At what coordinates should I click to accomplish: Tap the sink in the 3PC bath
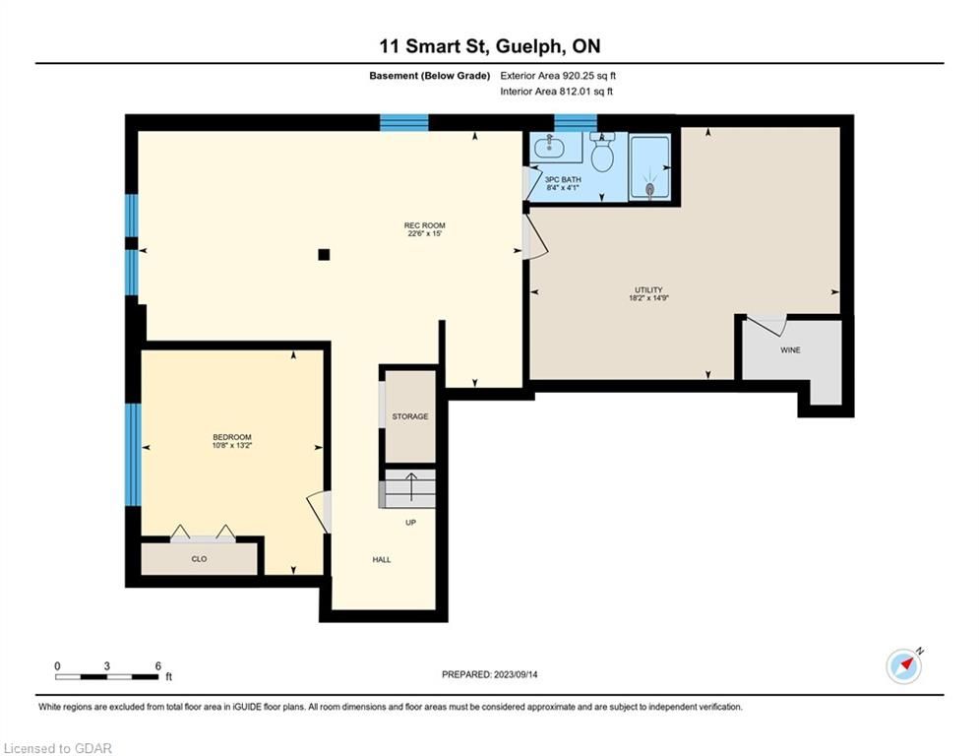[549, 148]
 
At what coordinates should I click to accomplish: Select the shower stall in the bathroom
[650, 166]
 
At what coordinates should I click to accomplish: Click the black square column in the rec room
[324, 254]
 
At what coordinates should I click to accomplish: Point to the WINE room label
[790, 349]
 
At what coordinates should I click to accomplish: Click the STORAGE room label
[410, 416]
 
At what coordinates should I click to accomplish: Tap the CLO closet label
[199, 558]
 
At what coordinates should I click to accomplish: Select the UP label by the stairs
[410, 523]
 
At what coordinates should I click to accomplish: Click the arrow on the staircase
[411, 486]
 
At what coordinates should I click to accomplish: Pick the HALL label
[382, 560]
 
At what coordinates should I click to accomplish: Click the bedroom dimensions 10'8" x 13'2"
[231, 446]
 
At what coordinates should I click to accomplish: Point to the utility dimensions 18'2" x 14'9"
[648, 298]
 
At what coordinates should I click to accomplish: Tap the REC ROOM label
[425, 225]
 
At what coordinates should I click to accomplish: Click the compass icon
[904, 666]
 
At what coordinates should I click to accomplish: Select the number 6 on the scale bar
[158, 666]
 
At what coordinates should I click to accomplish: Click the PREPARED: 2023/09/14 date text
[490, 674]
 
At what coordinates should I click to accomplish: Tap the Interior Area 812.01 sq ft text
[556, 92]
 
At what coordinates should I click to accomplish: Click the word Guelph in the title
[530, 47]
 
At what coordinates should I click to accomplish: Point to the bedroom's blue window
[133, 454]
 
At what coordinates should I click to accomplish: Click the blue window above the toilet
[575, 122]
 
